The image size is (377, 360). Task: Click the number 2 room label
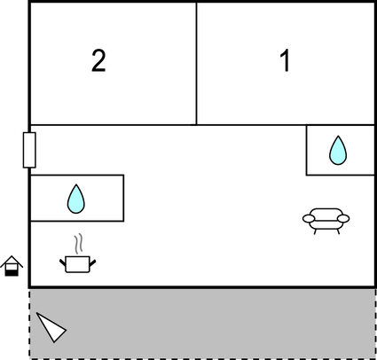pos(98,61)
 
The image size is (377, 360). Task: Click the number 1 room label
pos(285,61)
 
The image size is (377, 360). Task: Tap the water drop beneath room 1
pos(338,150)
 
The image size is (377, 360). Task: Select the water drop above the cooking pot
pos(76,199)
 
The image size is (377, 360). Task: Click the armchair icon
pos(326,221)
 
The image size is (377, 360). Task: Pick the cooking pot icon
pos(77,264)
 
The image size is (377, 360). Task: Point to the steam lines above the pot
pos(78,244)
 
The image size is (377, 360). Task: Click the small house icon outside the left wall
pos(12,266)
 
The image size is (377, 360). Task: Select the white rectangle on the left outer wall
pos(29,150)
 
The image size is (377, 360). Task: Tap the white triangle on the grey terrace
pos(51,326)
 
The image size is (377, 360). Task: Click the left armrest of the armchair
pos(309,219)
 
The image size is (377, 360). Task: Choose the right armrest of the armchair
pos(343,219)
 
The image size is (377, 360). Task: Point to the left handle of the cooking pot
pos(62,262)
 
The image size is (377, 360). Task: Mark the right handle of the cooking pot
pos(93,262)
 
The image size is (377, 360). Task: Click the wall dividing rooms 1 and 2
pos(196,64)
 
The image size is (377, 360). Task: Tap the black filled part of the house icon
pos(12,273)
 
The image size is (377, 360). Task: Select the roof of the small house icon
pos(12,262)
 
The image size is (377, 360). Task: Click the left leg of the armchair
pos(315,231)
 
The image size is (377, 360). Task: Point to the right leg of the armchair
pos(338,231)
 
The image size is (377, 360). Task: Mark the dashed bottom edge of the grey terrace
pos(202,358)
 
